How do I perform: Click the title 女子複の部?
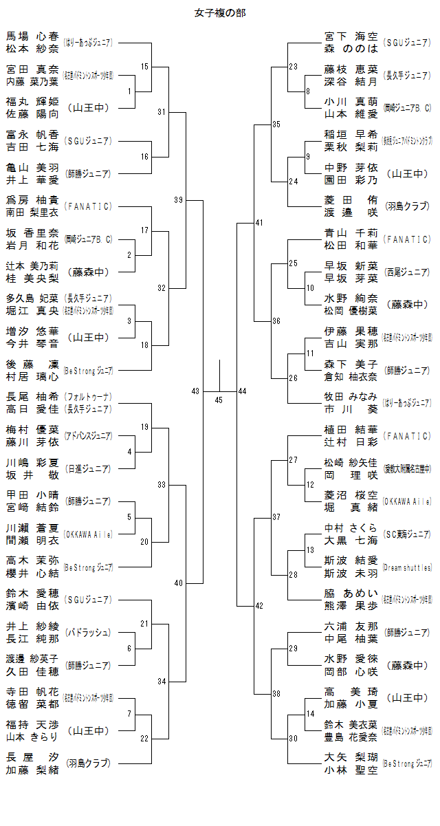pyautogui.click(x=220, y=12)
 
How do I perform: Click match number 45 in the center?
pyautogui.click(x=219, y=400)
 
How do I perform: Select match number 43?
pyautogui.click(x=195, y=391)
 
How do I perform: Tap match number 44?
pyautogui.click(x=242, y=391)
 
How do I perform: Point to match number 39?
pyautogui.click(x=178, y=199)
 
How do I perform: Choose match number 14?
pyautogui.click(x=310, y=713)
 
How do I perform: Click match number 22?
pyautogui.click(x=144, y=738)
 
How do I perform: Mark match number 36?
pyautogui.click(x=276, y=321)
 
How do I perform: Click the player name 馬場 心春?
pyautogui.click(x=32, y=36)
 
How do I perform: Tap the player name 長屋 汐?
pyautogui.click(x=32, y=757)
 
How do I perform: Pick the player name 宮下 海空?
pyautogui.click(x=351, y=36)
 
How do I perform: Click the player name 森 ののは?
pyautogui.click(x=351, y=48)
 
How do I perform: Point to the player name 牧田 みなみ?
pyautogui.click(x=351, y=396)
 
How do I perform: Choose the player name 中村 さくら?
pyautogui.click(x=351, y=528)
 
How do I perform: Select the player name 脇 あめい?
pyautogui.click(x=351, y=593)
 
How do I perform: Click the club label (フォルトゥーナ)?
pyautogui.click(x=87, y=397)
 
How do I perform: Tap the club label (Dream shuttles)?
pyautogui.click(x=407, y=567)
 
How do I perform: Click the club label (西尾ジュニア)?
pyautogui.click(x=407, y=272)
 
